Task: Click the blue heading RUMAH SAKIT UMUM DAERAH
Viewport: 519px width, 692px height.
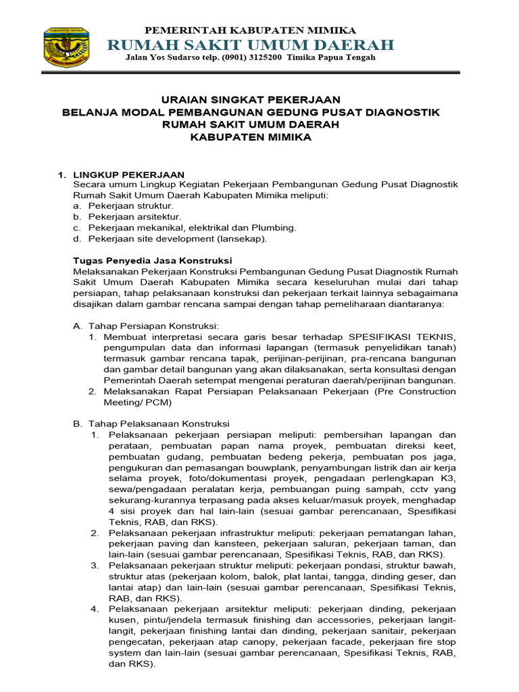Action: [x=251, y=45]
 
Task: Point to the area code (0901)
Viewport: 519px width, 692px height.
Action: [x=229, y=57]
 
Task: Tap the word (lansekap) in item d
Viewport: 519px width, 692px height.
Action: [x=242, y=239]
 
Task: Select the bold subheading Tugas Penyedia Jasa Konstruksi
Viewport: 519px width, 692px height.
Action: [x=152, y=260]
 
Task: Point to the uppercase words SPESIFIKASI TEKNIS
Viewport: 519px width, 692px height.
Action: [x=402, y=337]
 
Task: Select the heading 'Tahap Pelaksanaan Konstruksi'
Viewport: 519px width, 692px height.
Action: [x=159, y=424]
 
